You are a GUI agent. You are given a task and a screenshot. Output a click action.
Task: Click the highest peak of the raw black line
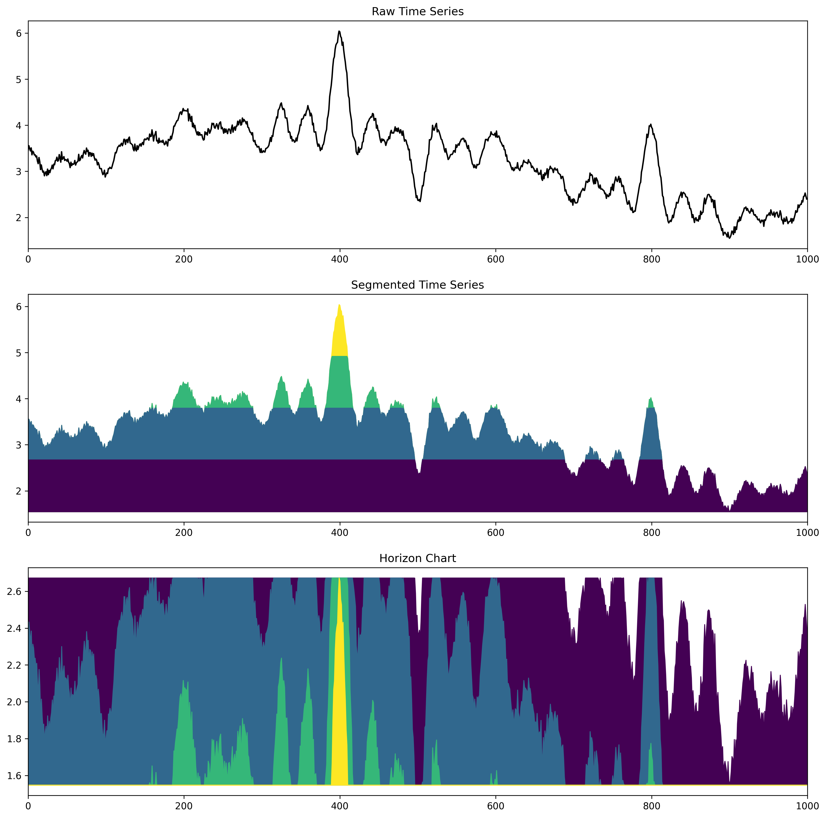(x=339, y=31)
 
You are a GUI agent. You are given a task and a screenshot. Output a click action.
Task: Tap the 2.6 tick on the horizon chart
(x=15, y=592)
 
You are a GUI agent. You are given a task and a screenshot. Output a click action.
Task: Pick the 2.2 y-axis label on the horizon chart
(x=15, y=665)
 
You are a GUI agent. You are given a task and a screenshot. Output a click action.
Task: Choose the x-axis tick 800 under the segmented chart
(x=651, y=533)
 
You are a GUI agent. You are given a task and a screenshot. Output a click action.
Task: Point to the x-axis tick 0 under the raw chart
(x=28, y=259)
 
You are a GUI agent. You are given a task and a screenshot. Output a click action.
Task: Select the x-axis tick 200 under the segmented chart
(x=184, y=533)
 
